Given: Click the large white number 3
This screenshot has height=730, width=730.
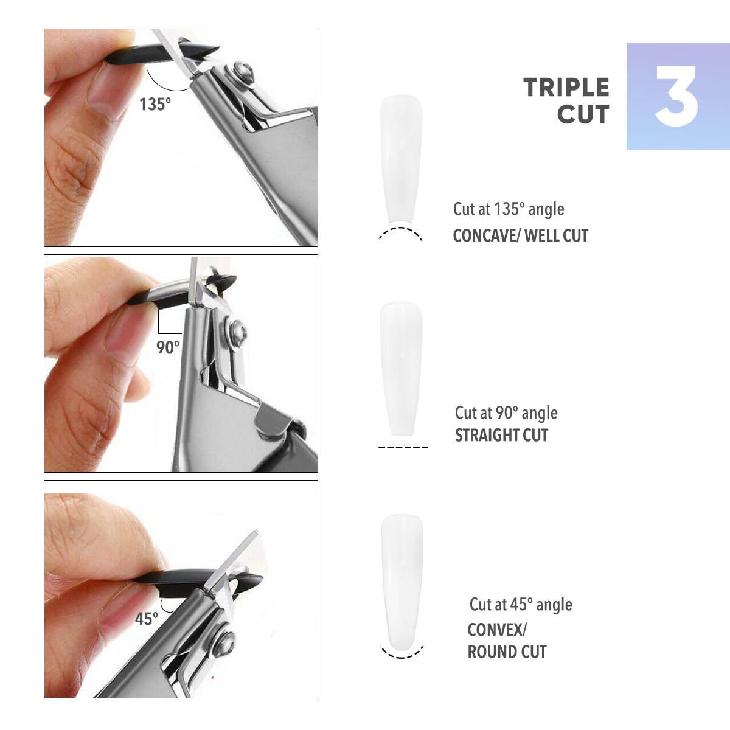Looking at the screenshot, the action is (676, 96).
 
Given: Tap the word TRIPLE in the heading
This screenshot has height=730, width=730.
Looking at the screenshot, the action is (566, 88).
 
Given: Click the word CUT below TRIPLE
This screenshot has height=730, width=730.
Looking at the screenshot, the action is (583, 114).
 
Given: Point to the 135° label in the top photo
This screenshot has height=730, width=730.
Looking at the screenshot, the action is (155, 104).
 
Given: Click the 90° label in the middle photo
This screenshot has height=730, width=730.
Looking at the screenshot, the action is (167, 347).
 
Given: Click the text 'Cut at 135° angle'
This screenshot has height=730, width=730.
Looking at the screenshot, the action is (509, 209).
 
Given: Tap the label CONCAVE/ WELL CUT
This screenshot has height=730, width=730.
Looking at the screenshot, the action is (521, 235).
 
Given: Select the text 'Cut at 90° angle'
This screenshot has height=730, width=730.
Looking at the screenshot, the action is (506, 413).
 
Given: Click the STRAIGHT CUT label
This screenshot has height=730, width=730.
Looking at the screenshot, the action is (501, 436).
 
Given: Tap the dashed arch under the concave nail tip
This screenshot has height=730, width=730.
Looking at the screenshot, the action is (400, 228).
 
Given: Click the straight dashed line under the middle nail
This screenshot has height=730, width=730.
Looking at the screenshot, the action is (403, 447).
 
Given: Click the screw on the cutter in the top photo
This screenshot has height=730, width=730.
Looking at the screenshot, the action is (244, 72).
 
